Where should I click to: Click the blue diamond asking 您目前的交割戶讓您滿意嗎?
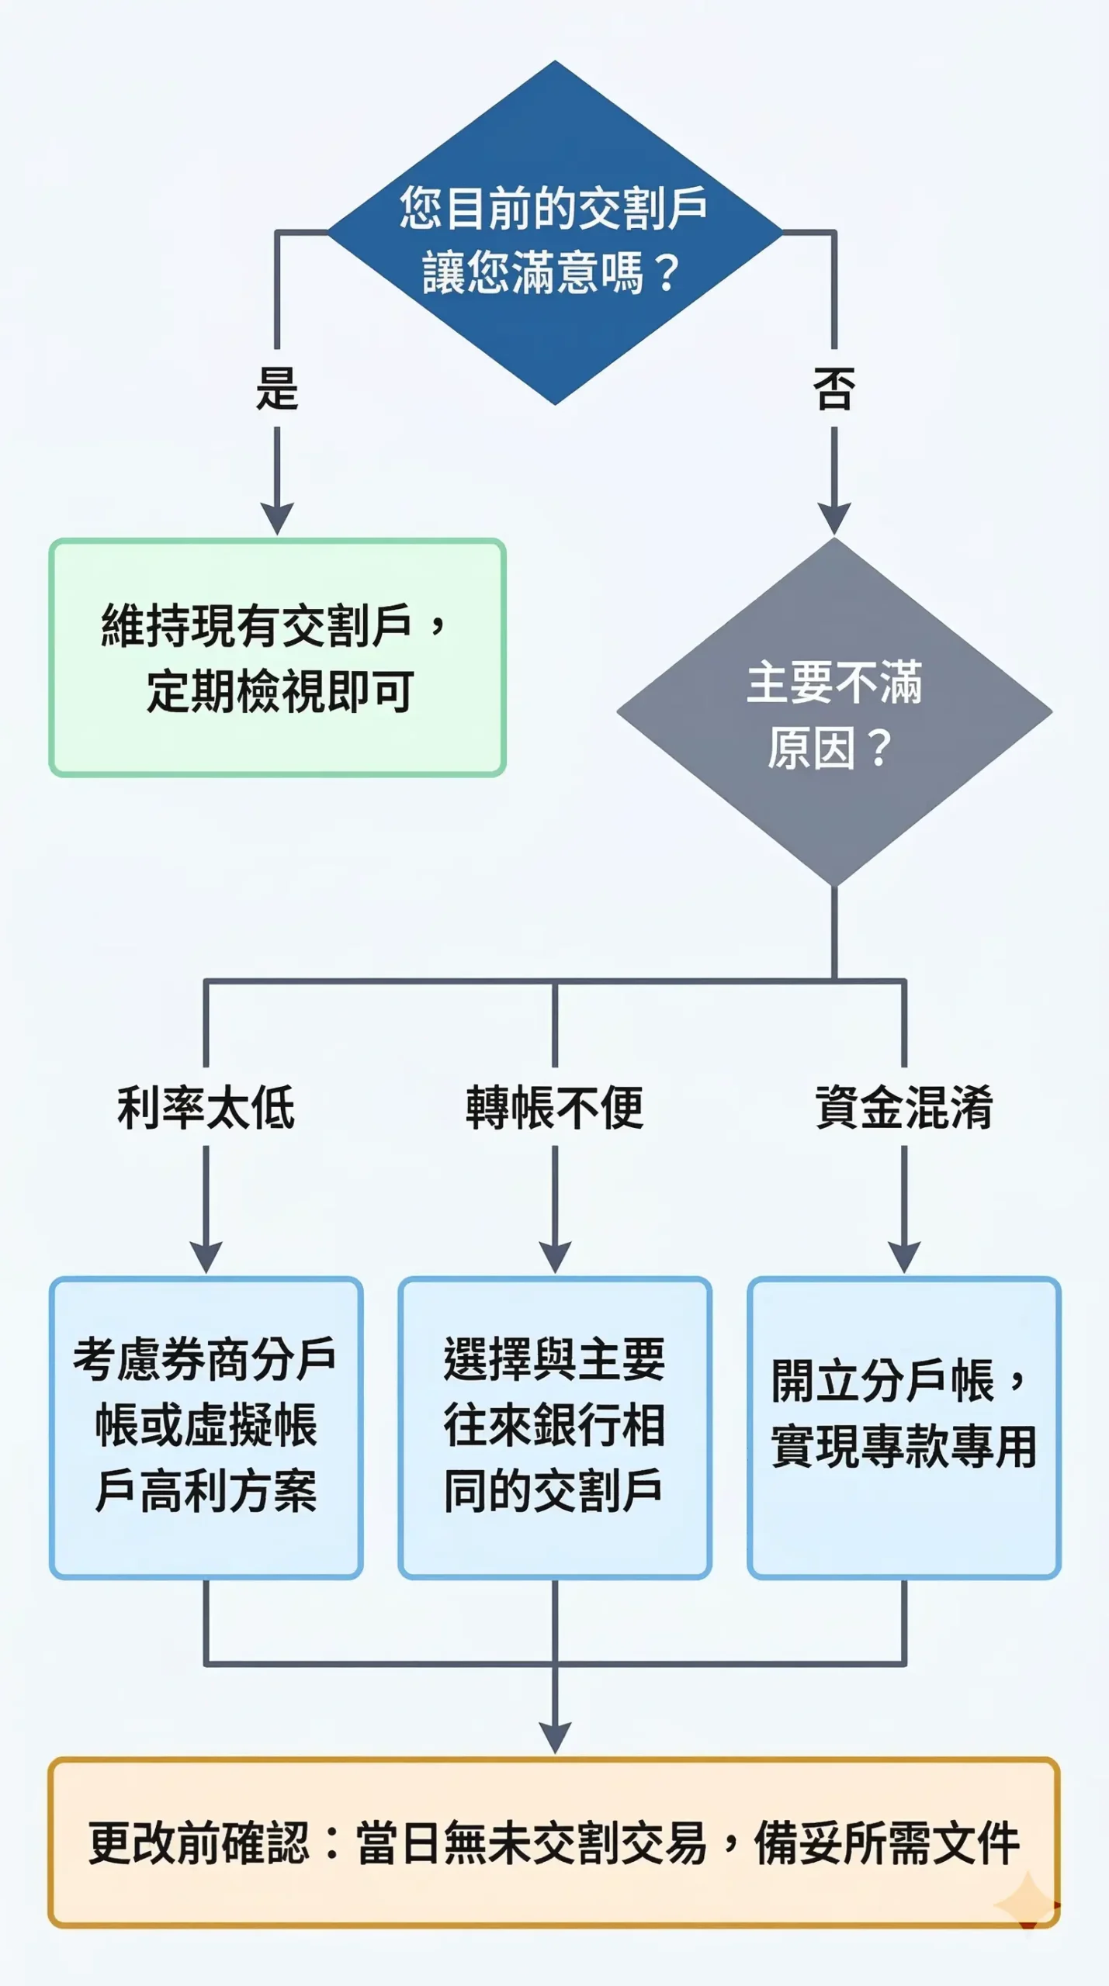coord(554,233)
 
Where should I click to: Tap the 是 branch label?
coord(277,388)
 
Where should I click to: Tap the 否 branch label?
coord(834,388)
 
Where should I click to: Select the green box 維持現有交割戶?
coord(277,657)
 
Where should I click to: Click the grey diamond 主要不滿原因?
coord(834,711)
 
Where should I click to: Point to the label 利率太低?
coord(206,1107)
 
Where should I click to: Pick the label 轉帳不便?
coord(554,1107)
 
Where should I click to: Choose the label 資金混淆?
coord(904,1107)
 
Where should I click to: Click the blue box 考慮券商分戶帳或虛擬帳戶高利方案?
coord(206,1426)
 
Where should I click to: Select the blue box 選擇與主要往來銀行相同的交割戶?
coord(554,1426)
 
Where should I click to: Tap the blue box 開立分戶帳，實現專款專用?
coord(904,1426)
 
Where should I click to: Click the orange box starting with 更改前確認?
coord(554,1842)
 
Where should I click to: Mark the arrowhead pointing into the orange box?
coord(554,1736)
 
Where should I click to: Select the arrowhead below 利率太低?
coord(206,1255)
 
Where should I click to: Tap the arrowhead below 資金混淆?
coord(904,1255)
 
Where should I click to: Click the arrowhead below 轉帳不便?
coord(554,1255)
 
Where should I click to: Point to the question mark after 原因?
coord(880,748)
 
